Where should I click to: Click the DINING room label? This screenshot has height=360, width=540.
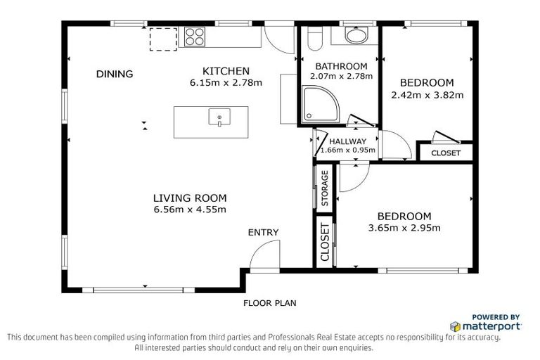[x=115, y=74]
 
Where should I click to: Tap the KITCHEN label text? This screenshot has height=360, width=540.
[x=226, y=71]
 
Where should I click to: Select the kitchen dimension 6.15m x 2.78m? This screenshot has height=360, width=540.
[x=226, y=82]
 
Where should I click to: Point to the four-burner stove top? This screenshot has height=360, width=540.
[x=195, y=36]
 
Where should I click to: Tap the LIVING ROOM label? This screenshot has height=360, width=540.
[x=190, y=198]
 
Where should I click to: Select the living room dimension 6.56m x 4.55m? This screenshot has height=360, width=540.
[x=190, y=210]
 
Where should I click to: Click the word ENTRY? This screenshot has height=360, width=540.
[x=263, y=233]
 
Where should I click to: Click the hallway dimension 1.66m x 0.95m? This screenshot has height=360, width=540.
[x=348, y=150]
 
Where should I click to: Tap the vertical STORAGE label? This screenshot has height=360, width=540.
[x=324, y=188]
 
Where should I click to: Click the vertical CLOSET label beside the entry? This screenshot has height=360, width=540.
[x=324, y=243]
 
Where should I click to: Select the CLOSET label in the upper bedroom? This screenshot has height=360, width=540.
[x=446, y=153]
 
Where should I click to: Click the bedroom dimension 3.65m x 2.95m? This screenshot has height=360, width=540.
[x=404, y=228]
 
